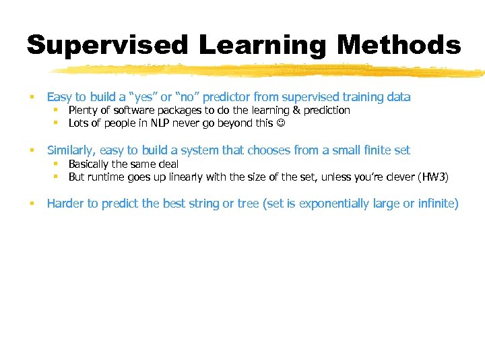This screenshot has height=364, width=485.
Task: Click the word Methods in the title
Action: [399, 45]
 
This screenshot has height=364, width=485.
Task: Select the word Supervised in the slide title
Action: [108, 45]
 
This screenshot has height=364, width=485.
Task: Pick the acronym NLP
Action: [161, 123]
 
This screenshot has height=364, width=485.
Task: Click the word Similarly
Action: [71, 150]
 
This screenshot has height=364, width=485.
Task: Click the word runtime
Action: [109, 177]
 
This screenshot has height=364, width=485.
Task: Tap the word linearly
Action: [183, 177]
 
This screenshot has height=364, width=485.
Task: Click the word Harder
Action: [65, 204]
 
